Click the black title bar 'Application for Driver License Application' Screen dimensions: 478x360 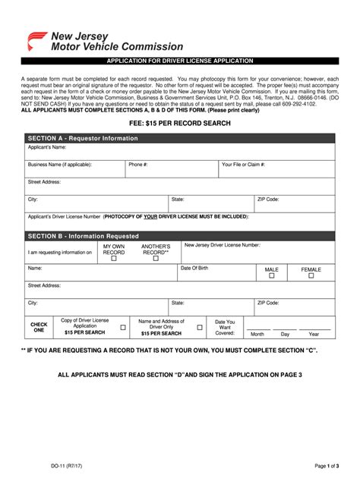(x=180, y=60)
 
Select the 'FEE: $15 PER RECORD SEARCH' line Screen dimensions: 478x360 (x=180, y=123)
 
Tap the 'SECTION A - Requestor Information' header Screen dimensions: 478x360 (x=83, y=138)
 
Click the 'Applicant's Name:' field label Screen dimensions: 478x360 (x=46, y=147)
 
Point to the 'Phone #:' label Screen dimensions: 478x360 (x=138, y=164)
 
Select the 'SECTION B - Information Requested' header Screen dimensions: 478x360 (x=84, y=236)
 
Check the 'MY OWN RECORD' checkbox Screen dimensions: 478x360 (x=114, y=259)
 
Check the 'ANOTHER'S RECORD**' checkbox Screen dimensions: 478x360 (x=156, y=259)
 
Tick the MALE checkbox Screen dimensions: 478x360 (x=271, y=276)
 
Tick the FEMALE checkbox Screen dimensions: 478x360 (x=311, y=276)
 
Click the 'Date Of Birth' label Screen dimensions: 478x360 (x=194, y=269)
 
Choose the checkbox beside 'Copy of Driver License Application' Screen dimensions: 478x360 (x=124, y=327)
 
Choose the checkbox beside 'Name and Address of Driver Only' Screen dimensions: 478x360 (x=199, y=327)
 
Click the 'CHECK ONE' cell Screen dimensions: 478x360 (x=39, y=327)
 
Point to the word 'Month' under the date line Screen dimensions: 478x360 (x=257, y=334)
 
